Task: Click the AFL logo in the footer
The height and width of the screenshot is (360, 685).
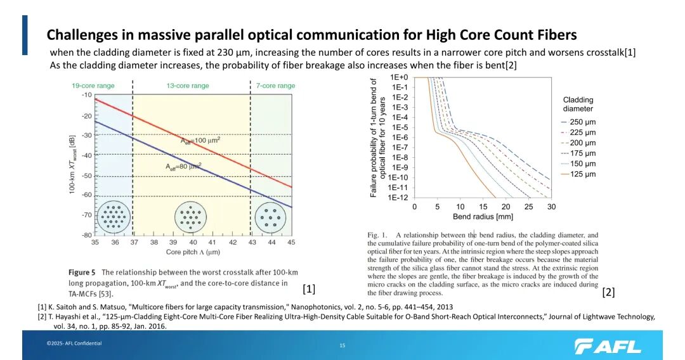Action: [607, 346]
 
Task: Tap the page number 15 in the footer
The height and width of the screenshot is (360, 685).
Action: [342, 345]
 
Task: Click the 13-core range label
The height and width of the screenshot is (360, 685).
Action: [188, 86]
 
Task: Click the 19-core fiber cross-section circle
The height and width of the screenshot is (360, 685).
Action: [114, 217]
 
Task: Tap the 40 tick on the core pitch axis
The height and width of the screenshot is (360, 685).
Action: [193, 242]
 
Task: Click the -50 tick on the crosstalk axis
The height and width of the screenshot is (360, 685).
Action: [86, 176]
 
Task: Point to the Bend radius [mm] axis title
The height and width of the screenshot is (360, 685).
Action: [482, 217]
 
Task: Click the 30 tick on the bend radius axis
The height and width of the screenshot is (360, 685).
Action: [551, 207]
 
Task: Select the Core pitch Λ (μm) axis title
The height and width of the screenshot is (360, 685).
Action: [192, 252]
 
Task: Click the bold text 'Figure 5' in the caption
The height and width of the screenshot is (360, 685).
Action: [83, 273]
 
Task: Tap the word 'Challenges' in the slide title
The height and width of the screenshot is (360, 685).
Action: [81, 34]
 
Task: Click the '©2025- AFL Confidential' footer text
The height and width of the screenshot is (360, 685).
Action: [74, 344]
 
